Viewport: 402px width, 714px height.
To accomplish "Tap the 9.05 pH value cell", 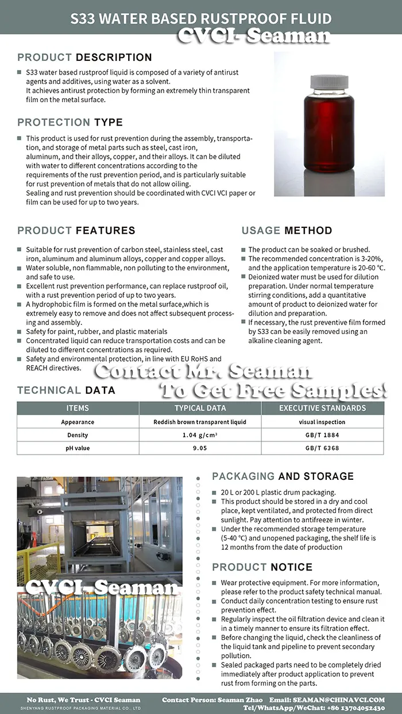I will pos(200,448).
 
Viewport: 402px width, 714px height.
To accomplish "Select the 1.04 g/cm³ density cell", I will pos(200,435).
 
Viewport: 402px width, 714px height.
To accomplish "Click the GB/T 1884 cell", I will pos(322,435).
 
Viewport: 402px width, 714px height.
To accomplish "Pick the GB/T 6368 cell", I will pos(322,448).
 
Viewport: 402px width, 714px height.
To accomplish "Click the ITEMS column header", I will pos(78,408).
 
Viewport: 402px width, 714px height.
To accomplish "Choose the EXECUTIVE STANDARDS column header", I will pos(322,408).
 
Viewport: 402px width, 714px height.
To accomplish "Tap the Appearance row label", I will pos(78,422).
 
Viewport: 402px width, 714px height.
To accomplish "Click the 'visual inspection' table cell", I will pos(322,422).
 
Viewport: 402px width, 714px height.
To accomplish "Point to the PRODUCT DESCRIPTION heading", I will pos(84,57).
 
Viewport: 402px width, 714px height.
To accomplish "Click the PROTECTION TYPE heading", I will pos(70,122).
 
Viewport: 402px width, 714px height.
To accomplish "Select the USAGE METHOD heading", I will pos(287,231).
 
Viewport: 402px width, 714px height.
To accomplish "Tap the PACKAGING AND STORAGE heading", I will pos(283,476).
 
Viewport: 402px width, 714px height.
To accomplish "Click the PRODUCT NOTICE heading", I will pos(262,567).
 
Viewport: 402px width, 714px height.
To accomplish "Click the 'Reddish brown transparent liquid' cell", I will pos(200,422).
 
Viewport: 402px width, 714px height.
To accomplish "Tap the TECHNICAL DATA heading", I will pos(66,390).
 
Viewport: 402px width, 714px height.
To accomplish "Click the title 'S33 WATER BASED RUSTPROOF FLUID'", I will pos(201,19).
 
